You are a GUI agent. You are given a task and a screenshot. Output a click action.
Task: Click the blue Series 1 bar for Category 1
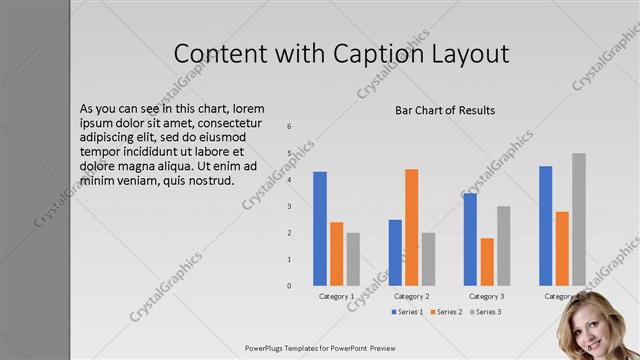320,229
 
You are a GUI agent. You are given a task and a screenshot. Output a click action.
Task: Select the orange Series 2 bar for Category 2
411,227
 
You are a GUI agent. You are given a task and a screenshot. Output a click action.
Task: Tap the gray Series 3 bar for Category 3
503,246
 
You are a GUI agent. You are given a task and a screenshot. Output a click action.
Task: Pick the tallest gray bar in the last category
578,220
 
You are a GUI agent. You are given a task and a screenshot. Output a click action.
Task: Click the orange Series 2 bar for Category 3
487,262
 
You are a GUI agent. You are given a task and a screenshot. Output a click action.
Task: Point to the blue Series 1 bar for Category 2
395,253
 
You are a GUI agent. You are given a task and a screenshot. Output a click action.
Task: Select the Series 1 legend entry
404,312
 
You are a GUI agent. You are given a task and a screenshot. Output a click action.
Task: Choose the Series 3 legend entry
485,312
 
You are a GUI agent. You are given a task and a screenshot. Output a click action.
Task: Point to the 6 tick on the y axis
289,127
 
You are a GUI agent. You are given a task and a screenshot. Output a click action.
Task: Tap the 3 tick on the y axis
289,206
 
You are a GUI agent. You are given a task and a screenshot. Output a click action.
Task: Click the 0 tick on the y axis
289,286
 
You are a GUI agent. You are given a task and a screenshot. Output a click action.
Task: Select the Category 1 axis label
336,297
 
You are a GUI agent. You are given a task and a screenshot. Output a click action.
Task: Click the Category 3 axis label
487,297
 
